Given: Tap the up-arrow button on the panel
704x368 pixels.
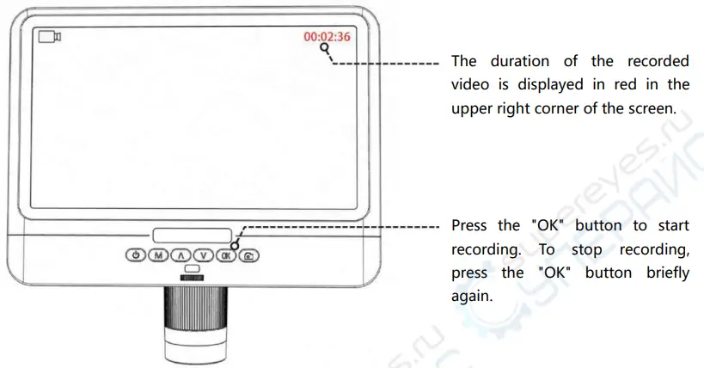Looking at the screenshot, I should coord(180,255).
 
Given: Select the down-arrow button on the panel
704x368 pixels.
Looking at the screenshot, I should coord(203,255).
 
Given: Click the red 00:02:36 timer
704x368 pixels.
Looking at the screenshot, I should coord(327,37).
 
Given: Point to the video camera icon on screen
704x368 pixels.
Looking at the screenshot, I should coord(49,37).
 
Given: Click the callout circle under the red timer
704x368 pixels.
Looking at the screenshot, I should coord(326,49).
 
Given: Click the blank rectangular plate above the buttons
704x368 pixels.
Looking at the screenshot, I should coord(192,235).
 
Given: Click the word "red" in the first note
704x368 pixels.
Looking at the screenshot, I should coord(635,85).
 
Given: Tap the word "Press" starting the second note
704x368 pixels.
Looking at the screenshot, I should coord(473,226).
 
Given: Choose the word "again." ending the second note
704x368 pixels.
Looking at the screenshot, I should coord(473,296).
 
